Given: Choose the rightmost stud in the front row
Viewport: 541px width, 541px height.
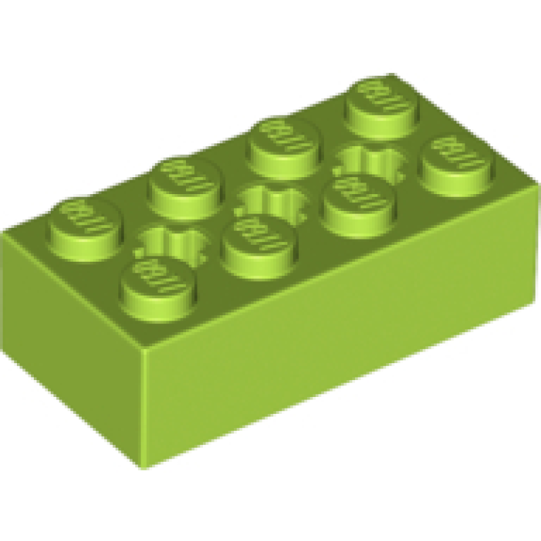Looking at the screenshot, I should [x=454, y=159].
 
